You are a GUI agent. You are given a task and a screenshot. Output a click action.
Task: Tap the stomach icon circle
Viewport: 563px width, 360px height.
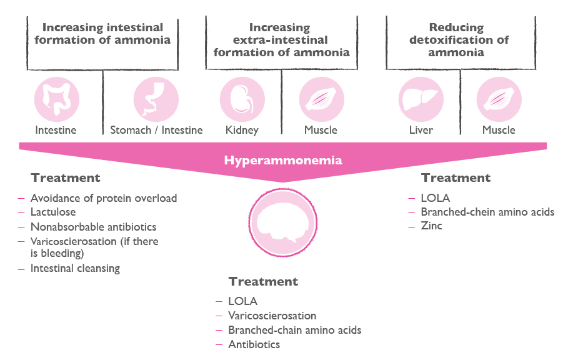[156, 99]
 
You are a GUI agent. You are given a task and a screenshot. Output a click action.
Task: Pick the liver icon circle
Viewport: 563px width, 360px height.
[421, 99]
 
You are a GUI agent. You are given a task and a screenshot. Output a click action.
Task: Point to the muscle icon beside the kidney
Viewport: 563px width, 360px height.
[321, 99]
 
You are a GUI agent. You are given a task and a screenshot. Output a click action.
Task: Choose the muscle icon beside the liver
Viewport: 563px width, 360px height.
[499, 99]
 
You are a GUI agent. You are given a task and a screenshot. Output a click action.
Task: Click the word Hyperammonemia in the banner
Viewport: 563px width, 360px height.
[283, 161]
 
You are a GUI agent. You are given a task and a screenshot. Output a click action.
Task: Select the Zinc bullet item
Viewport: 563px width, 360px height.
[431, 226]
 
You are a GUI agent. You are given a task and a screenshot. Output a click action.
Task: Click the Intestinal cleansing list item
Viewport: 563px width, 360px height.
[75, 269]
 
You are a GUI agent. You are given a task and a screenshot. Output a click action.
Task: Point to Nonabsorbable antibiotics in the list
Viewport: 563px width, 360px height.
[93, 227]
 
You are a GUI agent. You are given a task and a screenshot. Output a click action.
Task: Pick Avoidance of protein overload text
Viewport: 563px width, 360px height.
[104, 198]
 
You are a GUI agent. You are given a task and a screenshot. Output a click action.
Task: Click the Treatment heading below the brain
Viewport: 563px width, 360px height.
[262, 281]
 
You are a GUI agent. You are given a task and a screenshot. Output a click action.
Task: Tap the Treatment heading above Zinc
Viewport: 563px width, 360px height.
[456, 177]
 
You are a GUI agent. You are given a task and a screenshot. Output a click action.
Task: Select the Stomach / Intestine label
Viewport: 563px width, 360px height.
[156, 130]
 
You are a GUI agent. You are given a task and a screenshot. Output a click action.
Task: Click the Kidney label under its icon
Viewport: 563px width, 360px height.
[242, 130]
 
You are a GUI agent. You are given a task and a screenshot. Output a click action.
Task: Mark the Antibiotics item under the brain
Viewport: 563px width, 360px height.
[254, 344]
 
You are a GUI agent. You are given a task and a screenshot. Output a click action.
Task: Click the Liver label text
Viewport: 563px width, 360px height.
[421, 130]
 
